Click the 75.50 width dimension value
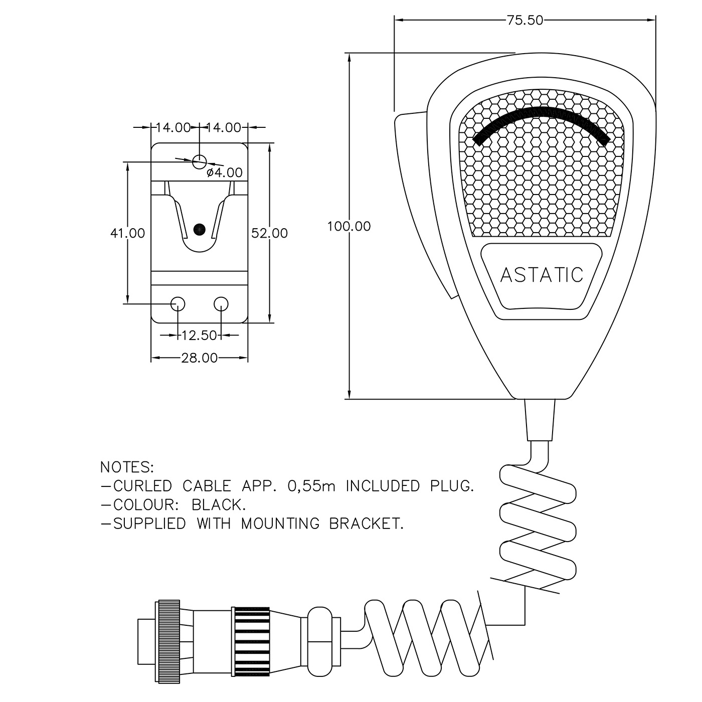(x=524, y=20)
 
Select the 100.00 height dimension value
(x=349, y=227)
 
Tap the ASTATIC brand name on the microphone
(x=542, y=275)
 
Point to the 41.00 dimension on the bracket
(x=127, y=233)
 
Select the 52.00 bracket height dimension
(x=270, y=233)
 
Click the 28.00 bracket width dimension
(x=200, y=358)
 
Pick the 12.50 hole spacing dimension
(x=199, y=335)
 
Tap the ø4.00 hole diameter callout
(x=225, y=173)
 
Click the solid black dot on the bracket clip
(x=199, y=229)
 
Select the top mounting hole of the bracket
(x=199, y=161)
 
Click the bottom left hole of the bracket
(x=178, y=303)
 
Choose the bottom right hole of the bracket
(x=221, y=303)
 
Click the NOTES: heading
(x=127, y=467)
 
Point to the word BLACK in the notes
(x=218, y=504)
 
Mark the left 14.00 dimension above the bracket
(x=172, y=128)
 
